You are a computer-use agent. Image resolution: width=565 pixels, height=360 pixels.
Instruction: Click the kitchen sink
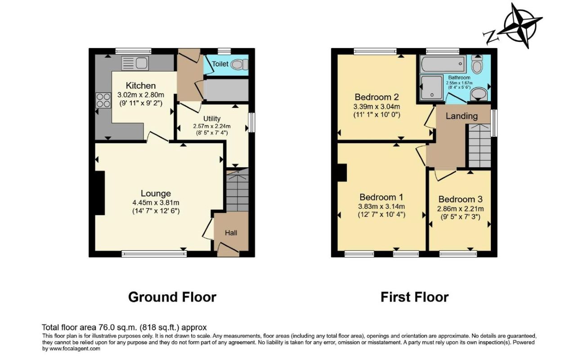tap(135, 63)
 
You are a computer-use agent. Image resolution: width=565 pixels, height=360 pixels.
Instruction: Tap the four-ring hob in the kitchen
tap(103, 100)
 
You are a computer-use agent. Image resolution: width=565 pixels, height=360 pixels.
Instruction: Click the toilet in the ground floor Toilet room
tap(240, 65)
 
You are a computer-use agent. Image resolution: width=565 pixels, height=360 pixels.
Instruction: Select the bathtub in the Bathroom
tap(443, 64)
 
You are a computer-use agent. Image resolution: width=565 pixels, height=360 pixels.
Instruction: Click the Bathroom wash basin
tap(479, 94)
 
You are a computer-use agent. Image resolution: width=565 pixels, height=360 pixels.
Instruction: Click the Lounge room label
tap(156, 193)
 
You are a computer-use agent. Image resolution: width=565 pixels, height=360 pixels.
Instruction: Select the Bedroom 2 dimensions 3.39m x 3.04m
tap(377, 107)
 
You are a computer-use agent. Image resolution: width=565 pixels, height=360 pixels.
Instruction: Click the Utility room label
tap(212, 118)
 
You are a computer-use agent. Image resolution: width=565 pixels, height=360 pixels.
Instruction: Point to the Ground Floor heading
tap(172, 297)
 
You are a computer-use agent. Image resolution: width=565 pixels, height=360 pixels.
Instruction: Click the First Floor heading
tap(414, 297)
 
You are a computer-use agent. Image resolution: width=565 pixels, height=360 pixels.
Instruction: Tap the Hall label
tap(231, 233)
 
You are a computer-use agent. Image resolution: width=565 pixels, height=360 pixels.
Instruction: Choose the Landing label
tap(462, 116)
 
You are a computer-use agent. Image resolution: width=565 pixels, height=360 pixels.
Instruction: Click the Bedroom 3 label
tap(460, 199)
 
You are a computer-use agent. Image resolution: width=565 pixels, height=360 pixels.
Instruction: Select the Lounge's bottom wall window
tap(154, 253)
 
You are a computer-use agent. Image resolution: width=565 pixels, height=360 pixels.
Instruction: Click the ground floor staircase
tap(238, 190)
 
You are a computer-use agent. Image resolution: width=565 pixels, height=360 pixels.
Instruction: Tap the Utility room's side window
tap(251, 122)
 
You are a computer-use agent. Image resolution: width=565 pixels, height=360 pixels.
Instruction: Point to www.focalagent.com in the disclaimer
tap(75, 349)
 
